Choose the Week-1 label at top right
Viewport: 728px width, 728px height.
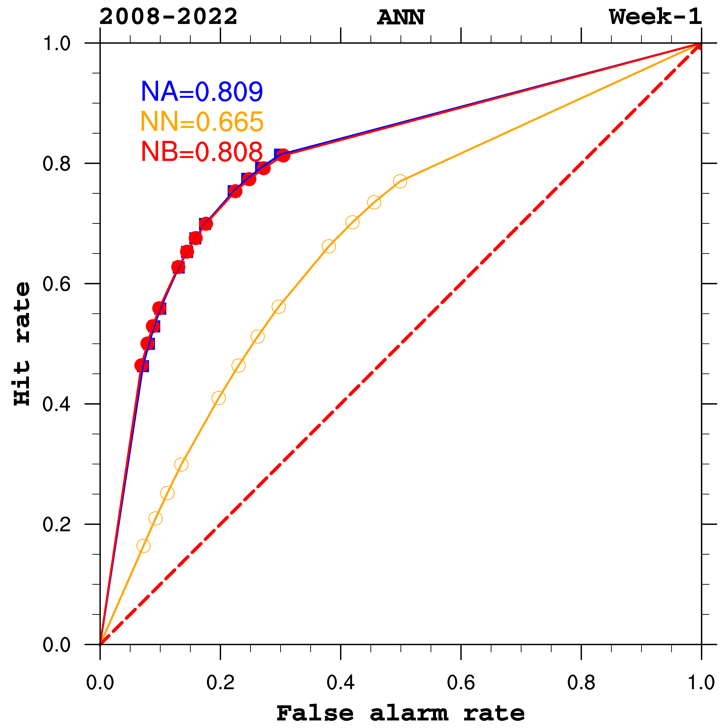[656, 17]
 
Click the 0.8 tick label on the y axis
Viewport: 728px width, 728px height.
[56, 164]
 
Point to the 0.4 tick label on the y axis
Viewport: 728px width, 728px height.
[56, 404]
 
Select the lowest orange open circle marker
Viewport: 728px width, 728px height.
[143, 546]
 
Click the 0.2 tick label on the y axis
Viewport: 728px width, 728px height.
[56, 524]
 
